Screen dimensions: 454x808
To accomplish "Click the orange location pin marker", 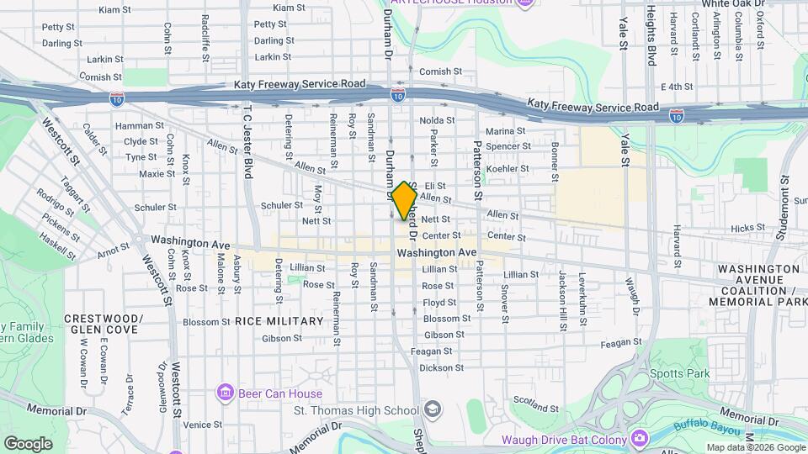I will point(404,200).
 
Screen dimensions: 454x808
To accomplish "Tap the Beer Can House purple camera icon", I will point(225,393).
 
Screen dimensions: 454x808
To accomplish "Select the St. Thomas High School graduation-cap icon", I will point(432,410).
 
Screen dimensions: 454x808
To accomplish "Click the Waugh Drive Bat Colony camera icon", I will point(641,439).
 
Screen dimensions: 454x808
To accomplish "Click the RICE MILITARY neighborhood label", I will point(279,321).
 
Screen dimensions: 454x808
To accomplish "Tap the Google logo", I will point(28,443).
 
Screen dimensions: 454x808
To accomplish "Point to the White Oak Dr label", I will point(734,3).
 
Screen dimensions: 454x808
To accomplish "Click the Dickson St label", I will point(442,367).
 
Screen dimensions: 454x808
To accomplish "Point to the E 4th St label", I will point(676,87).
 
